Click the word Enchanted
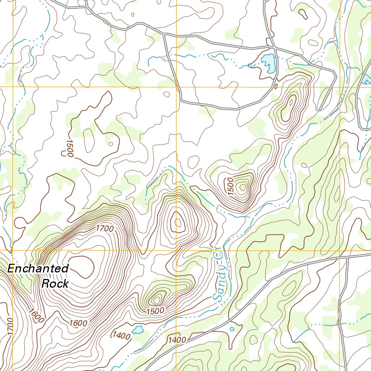[x=38, y=269]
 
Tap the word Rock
[x=55, y=283]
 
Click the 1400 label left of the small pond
[x=121, y=335]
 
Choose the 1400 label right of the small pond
[x=177, y=340]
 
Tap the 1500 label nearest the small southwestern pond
[x=156, y=311]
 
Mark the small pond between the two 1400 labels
[x=138, y=330]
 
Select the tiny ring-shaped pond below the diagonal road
[x=232, y=329]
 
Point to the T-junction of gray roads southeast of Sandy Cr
[x=346, y=258]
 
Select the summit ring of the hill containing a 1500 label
[x=242, y=187]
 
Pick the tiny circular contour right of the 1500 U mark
[x=111, y=144]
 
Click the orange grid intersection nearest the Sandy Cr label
[x=176, y=250]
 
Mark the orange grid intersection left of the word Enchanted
[x=13, y=250]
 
